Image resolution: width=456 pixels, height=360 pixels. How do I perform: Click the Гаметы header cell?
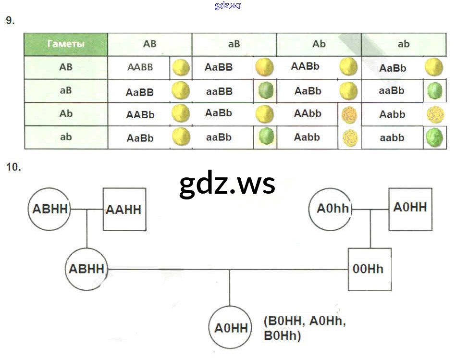pyautogui.click(x=66, y=44)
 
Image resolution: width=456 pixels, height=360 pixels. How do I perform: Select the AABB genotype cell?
pyautogui.click(x=140, y=67)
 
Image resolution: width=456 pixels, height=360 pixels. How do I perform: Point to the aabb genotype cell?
pyautogui.click(x=392, y=138)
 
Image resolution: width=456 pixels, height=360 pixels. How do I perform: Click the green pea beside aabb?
pyautogui.click(x=435, y=137)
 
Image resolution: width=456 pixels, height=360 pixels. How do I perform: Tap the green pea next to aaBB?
pyautogui.click(x=265, y=91)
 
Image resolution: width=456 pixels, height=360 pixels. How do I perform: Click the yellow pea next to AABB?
pyautogui.click(x=181, y=68)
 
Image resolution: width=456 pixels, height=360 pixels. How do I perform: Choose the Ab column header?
pyautogui.click(x=319, y=44)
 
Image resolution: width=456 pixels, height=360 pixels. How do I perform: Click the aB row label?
pyautogui.click(x=66, y=90)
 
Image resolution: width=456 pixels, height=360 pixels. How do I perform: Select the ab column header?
pyautogui.click(x=404, y=44)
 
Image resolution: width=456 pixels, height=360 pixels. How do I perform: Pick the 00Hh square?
pyautogui.click(x=369, y=269)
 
